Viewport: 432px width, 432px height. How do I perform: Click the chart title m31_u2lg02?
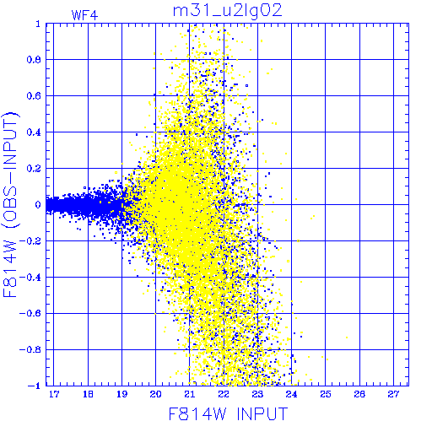[227, 12]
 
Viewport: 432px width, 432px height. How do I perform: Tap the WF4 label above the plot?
[84, 15]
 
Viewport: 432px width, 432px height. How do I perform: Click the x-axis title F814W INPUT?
[228, 413]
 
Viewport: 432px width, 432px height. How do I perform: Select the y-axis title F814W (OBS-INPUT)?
[10, 204]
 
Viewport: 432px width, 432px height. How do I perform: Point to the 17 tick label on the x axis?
[54, 394]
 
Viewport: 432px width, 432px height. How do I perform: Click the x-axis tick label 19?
[121, 394]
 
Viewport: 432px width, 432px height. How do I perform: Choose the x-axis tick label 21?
[190, 394]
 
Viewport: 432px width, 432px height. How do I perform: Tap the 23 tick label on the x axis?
[257, 394]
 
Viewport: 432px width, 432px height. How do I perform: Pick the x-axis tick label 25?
[326, 394]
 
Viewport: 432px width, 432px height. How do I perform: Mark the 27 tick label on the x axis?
[393, 394]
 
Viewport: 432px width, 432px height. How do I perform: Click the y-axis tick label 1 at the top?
[38, 24]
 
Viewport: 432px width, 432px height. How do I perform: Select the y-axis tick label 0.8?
[34, 60]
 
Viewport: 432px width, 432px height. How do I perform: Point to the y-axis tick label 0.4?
[34, 132]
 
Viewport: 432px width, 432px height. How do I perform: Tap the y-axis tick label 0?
[38, 204]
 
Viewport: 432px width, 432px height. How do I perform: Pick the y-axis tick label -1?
[34, 386]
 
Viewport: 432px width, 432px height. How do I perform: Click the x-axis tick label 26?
[359, 394]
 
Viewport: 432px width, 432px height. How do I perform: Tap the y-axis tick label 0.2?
[34, 169]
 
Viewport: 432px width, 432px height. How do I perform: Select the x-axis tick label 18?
[88, 394]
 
